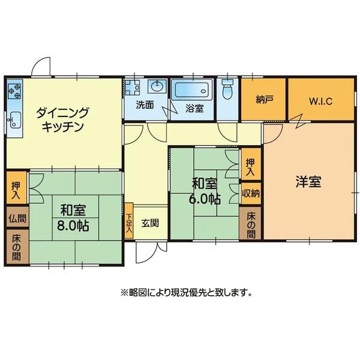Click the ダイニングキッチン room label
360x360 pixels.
(x=62, y=119)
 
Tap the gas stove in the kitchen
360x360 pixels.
(x=14, y=91)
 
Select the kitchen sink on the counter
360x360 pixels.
(x=14, y=120)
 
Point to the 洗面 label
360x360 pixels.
(x=145, y=105)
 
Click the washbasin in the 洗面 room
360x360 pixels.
(x=157, y=86)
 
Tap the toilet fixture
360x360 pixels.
(x=228, y=89)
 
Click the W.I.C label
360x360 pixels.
(x=321, y=101)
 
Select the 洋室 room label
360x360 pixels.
(x=308, y=182)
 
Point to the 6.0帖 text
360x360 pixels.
(x=205, y=199)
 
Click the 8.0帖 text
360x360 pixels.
(x=73, y=226)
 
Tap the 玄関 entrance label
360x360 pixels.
(x=150, y=223)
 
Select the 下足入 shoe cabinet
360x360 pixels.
(x=129, y=221)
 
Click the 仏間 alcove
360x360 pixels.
(x=17, y=217)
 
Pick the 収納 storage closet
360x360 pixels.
(x=251, y=193)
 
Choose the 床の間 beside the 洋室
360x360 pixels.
(x=251, y=223)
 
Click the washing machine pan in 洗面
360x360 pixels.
(x=132, y=87)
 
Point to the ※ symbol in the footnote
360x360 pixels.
(x=124, y=293)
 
